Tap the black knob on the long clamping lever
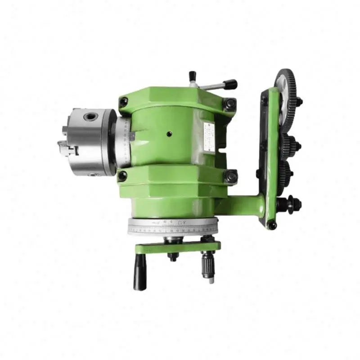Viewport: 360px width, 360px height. click(230, 84)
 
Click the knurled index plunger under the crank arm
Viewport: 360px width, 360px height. click(208, 265)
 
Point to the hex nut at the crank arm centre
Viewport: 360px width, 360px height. click(173, 257)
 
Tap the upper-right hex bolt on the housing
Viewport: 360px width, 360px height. click(230, 104)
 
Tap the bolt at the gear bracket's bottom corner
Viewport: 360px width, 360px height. click(271, 225)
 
